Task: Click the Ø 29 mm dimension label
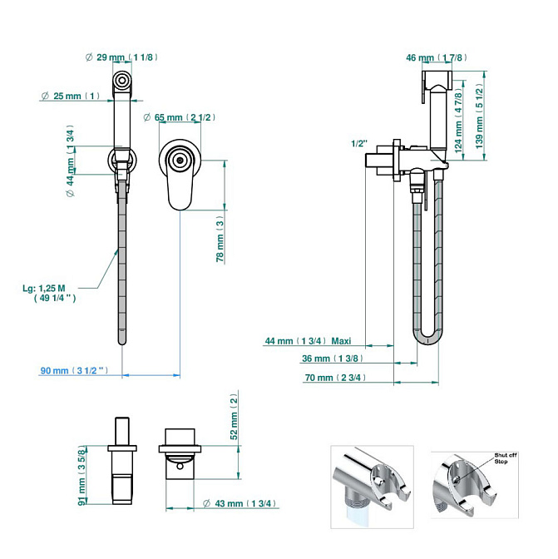121,57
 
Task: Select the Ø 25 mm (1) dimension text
71,96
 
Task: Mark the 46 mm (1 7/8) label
436,57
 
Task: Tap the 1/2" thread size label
360,143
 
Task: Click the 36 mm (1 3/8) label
331,359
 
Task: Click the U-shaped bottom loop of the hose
428,336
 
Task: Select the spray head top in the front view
122,81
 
